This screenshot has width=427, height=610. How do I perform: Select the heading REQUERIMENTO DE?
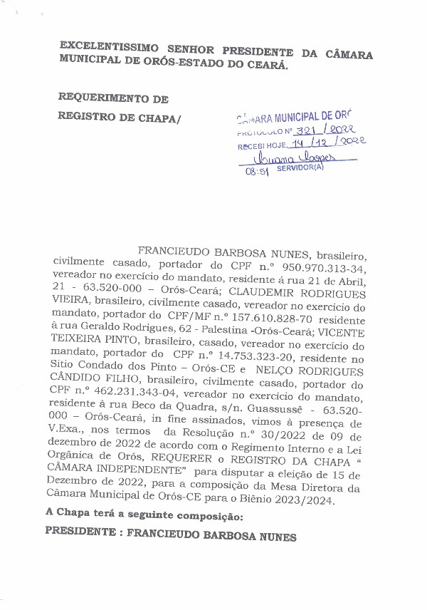(113, 98)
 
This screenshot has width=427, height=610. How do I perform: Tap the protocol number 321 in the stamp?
(307, 130)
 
